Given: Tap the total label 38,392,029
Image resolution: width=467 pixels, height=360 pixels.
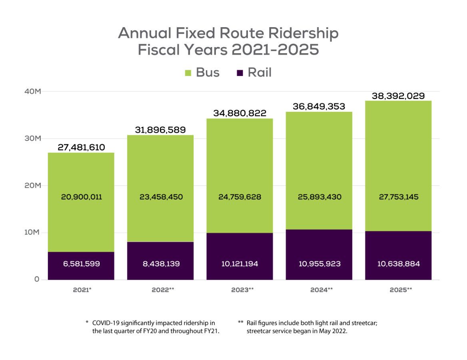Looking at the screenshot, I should point(398,96).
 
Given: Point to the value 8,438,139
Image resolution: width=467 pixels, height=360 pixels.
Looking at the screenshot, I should point(160,264).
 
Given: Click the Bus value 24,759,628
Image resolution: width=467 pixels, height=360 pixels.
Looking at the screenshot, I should point(239,197).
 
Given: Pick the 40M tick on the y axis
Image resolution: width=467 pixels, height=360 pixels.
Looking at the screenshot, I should point(32,91).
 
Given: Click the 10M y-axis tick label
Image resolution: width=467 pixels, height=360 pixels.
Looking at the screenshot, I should point(32,233).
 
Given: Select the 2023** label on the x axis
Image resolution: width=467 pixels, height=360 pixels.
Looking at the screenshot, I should point(242,290).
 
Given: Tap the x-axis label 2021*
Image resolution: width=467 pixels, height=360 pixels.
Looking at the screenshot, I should point(82,290).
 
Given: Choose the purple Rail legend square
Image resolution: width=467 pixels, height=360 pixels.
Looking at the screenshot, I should point(240,73).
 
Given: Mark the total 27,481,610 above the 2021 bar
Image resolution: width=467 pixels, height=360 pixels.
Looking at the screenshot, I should point(81,147).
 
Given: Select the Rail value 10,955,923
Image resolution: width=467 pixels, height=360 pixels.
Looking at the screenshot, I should point(319,264).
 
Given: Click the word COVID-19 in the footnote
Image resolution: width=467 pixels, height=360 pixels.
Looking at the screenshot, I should point(108,323).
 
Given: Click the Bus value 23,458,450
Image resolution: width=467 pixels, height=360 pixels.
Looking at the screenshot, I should point(160,197).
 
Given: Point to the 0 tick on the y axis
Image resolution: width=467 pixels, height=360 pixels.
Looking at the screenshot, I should point(37,279).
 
